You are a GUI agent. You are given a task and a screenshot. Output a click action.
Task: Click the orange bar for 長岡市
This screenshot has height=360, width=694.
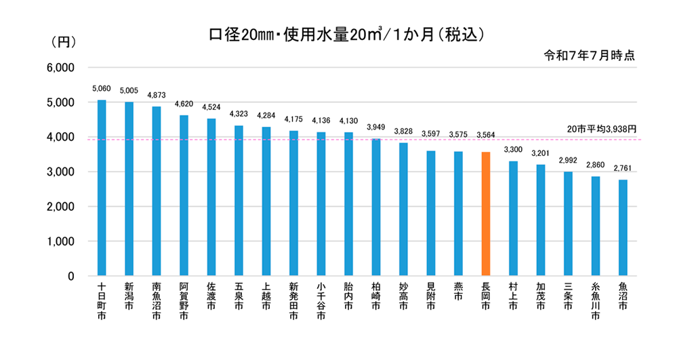click(x=485, y=214)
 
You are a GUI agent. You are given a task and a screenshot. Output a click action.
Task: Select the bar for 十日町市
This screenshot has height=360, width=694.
click(x=102, y=188)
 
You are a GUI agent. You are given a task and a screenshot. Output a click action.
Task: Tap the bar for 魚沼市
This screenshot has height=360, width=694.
click(x=623, y=228)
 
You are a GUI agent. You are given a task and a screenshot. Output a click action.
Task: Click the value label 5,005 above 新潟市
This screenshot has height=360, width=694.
click(x=129, y=90)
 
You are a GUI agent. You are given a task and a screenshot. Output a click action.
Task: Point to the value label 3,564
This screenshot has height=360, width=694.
click(x=485, y=135)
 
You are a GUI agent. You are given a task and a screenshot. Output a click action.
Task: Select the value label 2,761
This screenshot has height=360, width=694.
click(x=623, y=167)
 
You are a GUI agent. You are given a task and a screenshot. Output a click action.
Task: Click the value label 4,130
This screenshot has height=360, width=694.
click(x=348, y=121)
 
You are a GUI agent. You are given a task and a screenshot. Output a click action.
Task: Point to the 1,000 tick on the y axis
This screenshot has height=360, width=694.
click(x=60, y=241)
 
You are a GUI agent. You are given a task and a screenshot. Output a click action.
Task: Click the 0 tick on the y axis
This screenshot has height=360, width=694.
click(x=69, y=276)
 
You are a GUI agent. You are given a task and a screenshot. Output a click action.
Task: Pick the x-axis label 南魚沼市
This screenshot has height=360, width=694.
click(x=157, y=301)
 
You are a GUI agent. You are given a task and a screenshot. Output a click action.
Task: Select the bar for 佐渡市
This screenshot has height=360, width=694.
click(x=211, y=197)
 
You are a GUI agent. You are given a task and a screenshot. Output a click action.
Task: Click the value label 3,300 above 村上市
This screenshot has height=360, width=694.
click(x=513, y=148)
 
